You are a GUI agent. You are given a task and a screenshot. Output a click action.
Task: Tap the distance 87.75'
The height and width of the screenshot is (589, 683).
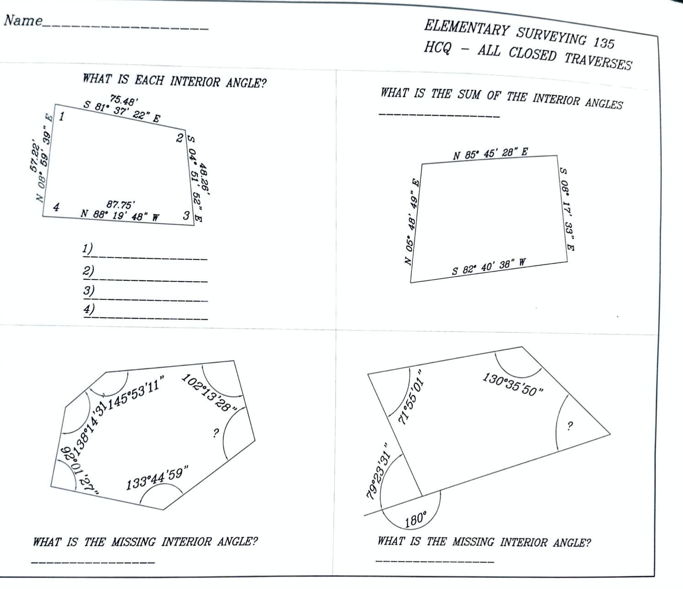coord(120,205)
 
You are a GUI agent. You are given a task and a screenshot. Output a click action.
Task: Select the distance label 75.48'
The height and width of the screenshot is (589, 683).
coord(124,99)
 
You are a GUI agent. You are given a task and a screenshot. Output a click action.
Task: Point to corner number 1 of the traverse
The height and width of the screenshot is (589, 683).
coord(61,117)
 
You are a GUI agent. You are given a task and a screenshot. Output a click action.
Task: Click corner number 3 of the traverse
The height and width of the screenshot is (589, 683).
coord(186,215)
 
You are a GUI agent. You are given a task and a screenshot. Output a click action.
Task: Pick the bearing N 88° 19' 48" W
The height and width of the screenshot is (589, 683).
coord(120,215)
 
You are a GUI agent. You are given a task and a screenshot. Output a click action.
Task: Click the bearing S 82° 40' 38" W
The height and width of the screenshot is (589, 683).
coord(489,267)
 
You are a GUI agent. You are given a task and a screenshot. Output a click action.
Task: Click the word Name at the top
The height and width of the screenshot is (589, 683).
coord(23,21)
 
